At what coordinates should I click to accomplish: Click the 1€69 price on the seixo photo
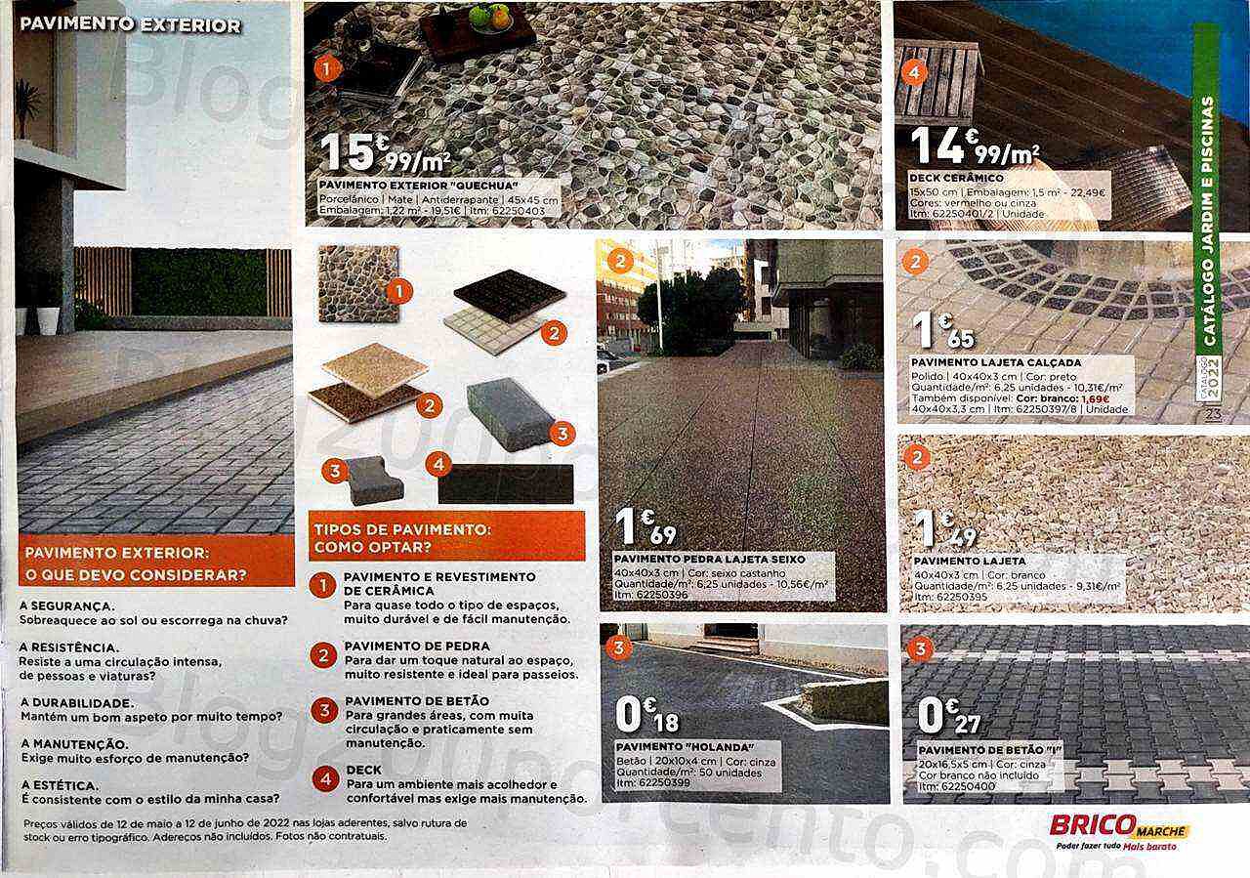646,527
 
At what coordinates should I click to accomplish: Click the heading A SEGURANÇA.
65,606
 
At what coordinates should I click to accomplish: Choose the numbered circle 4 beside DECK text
323,778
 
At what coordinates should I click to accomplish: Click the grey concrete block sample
511,414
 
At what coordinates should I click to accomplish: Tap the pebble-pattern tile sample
358,283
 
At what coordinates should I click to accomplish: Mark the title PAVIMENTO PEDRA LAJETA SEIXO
710,559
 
